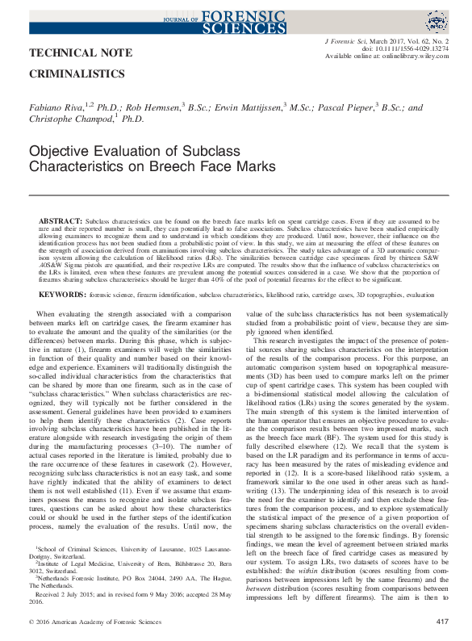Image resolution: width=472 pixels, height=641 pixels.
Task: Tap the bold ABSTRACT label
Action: coord(61,198)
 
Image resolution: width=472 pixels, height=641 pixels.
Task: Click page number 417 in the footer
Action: coord(441,622)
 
